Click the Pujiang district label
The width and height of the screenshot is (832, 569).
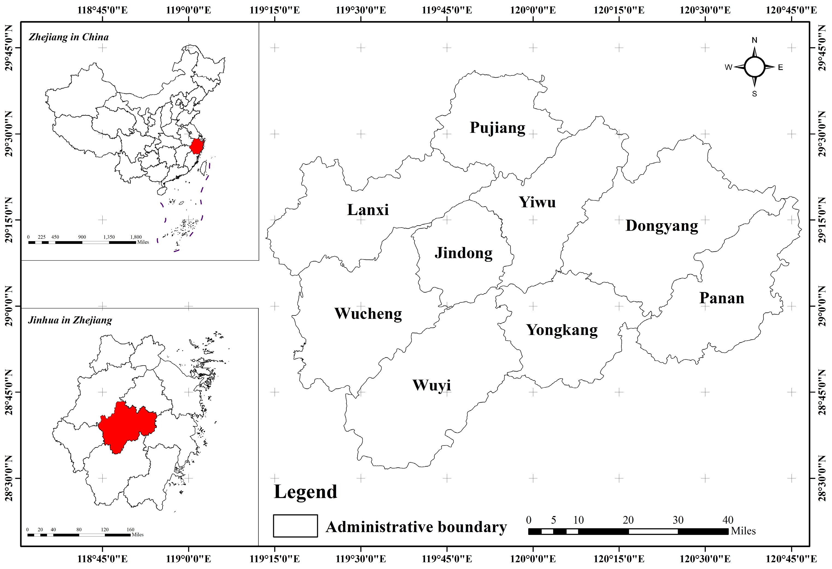coord(497,128)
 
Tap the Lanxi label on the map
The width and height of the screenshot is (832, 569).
coord(368,210)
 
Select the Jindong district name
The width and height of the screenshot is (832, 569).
coord(463,253)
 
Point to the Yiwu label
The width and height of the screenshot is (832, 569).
coord(537,202)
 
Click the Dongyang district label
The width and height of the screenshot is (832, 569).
coord(662,226)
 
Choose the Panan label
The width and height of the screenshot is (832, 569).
coord(722,298)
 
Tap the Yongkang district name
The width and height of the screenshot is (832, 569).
coord(562,330)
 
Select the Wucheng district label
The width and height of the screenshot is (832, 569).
coord(368,314)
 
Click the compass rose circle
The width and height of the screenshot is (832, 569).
coord(754,67)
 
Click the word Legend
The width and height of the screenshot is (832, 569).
coord(305,492)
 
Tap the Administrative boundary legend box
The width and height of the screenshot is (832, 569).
coord(295,526)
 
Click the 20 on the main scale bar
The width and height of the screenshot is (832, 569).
coord(628,520)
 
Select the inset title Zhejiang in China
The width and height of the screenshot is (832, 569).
coord(68,37)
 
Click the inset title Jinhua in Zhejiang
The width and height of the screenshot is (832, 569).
coord(70,320)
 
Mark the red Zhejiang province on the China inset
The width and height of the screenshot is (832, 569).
coord(197,146)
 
